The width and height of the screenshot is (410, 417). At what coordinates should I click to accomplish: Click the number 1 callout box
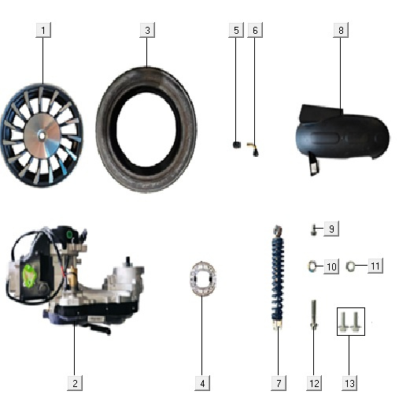pos(43,30)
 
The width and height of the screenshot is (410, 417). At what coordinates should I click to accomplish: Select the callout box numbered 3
pos(147,30)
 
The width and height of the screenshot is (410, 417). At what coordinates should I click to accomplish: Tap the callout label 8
pos(341,30)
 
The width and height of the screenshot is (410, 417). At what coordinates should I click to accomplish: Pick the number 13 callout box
pos(349,383)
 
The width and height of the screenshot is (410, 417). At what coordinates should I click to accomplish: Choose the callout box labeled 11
pos(375,266)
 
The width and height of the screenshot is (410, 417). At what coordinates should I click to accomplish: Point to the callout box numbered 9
pos(331,229)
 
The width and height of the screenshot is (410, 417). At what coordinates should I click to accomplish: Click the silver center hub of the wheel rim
pos(42,136)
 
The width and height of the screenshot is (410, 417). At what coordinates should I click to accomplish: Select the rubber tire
pos(146,129)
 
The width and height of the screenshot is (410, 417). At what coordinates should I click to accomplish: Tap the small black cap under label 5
pos(237,145)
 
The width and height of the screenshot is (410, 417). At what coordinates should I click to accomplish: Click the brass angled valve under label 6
pos(253,149)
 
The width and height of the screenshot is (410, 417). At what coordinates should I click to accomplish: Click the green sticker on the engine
pos(29,276)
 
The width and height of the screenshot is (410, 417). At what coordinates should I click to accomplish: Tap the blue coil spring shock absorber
pos(278,278)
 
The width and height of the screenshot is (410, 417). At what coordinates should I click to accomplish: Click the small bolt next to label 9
pos(314,230)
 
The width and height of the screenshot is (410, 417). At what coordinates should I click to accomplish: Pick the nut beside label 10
pos(312,266)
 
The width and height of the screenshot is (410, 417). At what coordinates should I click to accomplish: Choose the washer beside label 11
pos(350,266)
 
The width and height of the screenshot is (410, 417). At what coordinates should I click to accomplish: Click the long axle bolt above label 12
pos(314,315)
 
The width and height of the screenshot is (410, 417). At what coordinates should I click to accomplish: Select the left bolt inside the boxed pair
pos(344,322)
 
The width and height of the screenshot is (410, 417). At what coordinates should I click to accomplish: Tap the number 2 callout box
pos(75,383)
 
